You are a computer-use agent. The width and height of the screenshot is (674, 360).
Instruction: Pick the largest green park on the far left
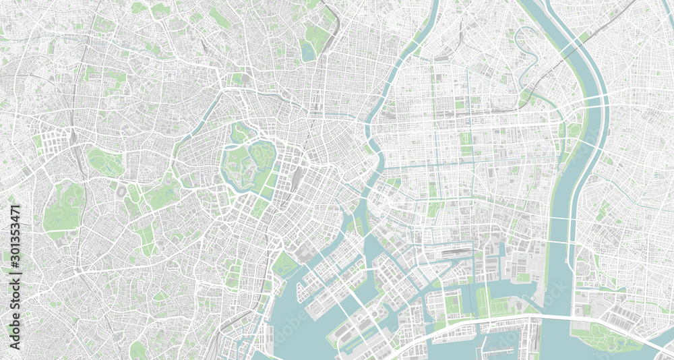click(x=64, y=206)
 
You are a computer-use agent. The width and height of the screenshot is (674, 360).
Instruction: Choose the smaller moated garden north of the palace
click(x=240, y=132)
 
